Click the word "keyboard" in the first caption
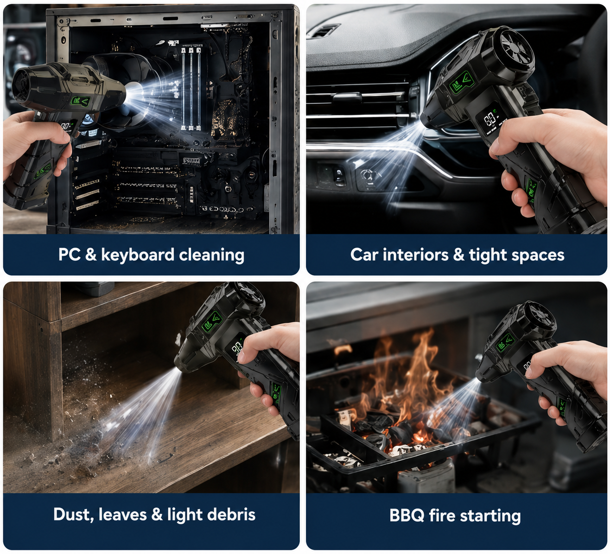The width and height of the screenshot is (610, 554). [138, 255]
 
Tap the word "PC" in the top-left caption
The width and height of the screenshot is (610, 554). [70, 255]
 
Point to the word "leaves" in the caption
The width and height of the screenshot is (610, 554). [122, 515]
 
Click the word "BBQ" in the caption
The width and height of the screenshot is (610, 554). [407, 516]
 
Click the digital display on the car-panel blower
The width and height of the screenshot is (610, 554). [491, 119]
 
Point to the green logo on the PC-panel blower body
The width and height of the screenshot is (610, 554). [81, 102]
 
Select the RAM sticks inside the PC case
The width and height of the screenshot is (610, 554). [191, 88]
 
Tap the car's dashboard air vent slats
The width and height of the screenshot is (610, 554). [357, 103]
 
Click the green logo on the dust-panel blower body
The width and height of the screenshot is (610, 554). [212, 322]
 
